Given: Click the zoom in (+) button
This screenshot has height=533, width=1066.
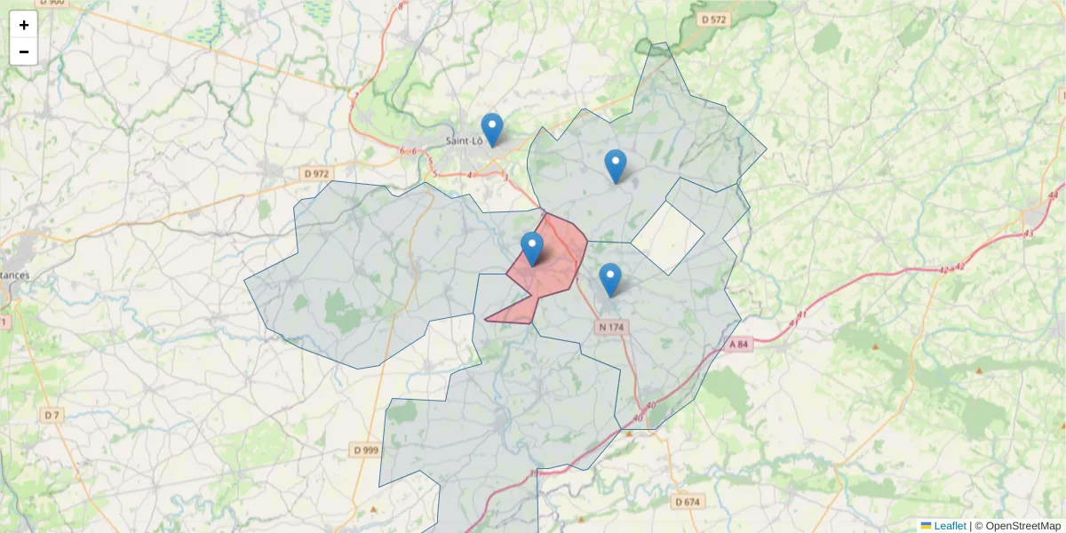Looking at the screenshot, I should point(24,25).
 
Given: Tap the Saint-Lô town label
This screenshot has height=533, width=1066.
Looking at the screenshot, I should point(464,140).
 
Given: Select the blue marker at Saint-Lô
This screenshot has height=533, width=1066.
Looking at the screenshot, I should point(491,130).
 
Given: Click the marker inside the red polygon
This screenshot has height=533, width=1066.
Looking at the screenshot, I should point(532,249).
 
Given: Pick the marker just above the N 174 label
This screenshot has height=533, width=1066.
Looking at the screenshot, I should point(609,280).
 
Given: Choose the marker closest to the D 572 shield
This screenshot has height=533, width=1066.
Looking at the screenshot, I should point(615,166).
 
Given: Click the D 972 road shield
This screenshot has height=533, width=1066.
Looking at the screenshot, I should point(315,174).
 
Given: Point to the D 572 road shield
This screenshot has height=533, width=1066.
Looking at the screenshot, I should point(714,19).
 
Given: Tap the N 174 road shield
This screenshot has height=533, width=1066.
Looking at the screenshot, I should point(612,327).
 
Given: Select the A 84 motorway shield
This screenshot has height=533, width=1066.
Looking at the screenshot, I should point(739,344).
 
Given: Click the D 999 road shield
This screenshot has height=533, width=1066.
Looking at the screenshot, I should point(365,450).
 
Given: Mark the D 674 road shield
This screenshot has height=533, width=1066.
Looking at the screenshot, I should point(687,502).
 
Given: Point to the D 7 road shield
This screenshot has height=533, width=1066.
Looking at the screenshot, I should point(52,415).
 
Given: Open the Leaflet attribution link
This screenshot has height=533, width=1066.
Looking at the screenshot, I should point(949,526).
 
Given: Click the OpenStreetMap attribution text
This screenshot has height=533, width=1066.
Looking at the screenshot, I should point(1022,526).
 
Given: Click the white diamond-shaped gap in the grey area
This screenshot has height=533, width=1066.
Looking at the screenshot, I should point(668,236).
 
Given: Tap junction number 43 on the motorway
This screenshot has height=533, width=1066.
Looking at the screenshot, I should point(1029,233).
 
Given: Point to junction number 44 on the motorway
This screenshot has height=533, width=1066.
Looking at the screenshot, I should point(1054,195).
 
